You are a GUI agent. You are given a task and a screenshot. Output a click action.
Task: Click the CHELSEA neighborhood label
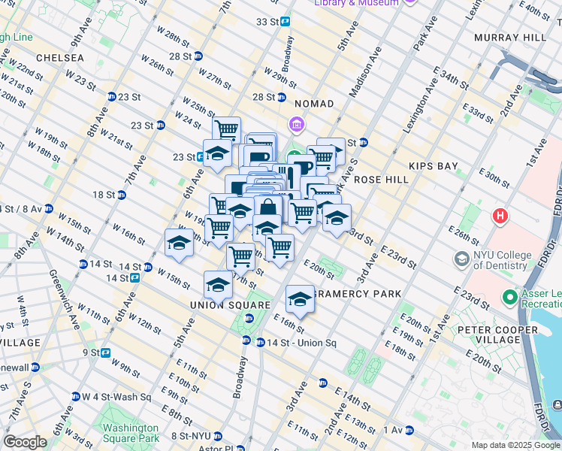tap(53, 57)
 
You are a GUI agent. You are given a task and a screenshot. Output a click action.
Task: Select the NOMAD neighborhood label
tap(314, 103)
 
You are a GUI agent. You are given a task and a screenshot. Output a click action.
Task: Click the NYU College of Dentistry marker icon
tap(461, 259)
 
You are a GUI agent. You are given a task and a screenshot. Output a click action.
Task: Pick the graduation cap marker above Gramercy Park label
tap(299, 299)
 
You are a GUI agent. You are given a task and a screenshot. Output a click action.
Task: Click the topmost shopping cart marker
tap(225, 129)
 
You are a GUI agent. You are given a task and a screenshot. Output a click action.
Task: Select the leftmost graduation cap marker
tap(179, 242)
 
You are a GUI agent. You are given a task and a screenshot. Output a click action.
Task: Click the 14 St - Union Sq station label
tap(299, 343)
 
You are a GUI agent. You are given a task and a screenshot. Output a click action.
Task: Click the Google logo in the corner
tap(25, 442)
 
